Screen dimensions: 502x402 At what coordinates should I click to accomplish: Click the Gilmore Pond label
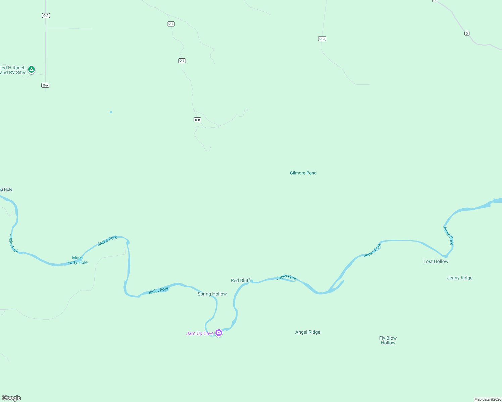[303, 173]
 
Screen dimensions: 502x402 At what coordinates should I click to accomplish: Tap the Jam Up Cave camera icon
[219, 333]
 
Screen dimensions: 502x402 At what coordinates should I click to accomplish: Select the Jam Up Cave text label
[200, 333]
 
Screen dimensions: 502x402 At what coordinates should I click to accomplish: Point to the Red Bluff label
[240, 280]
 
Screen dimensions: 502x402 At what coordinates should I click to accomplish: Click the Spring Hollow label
[212, 294]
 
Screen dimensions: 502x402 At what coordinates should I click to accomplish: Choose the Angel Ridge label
[308, 332]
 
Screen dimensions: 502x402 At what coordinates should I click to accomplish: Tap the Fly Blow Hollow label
[388, 340]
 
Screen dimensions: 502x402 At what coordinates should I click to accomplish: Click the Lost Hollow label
[436, 261]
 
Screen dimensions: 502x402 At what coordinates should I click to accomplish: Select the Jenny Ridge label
[459, 278]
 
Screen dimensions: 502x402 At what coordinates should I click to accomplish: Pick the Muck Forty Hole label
[78, 260]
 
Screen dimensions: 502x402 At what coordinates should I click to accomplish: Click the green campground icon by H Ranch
[32, 70]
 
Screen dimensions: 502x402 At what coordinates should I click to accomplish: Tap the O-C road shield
[322, 39]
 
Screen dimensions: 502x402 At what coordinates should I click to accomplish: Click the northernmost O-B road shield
[171, 24]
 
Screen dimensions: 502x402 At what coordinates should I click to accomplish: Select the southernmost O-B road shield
[197, 120]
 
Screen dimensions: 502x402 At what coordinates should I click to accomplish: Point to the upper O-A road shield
[46, 15]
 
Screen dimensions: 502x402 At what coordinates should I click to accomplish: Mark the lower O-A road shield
[45, 85]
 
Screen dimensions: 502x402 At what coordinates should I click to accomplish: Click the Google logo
[11, 398]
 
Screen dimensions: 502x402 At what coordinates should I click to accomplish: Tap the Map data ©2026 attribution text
[488, 399]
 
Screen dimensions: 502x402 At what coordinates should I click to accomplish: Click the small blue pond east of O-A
[111, 112]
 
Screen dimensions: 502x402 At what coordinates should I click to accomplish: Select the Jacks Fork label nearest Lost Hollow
[448, 235]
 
